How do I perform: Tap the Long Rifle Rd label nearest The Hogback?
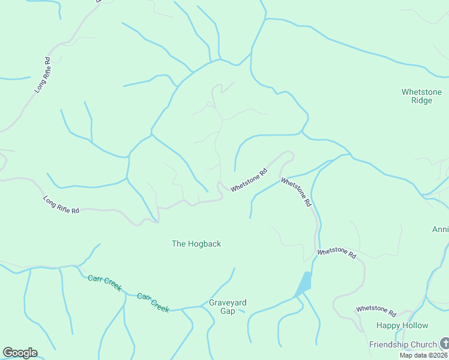point(61,205)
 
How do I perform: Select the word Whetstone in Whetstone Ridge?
point(421,92)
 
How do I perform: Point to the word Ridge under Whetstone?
point(421,101)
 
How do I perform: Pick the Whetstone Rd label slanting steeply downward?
point(296,192)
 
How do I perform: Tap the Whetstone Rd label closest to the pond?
point(336,254)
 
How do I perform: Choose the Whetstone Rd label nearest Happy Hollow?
point(376,311)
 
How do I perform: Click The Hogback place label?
point(196,244)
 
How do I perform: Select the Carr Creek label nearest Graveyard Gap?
point(153,302)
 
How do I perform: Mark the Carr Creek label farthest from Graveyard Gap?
point(104,283)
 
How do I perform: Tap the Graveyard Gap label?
point(228,307)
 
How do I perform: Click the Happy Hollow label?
point(402,325)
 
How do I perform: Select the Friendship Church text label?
point(402,344)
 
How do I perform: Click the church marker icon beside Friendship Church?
point(444,344)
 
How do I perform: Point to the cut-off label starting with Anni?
point(440,230)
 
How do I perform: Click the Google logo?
point(20,353)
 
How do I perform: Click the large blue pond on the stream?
point(304,283)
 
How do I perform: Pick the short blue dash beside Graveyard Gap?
point(241,311)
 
